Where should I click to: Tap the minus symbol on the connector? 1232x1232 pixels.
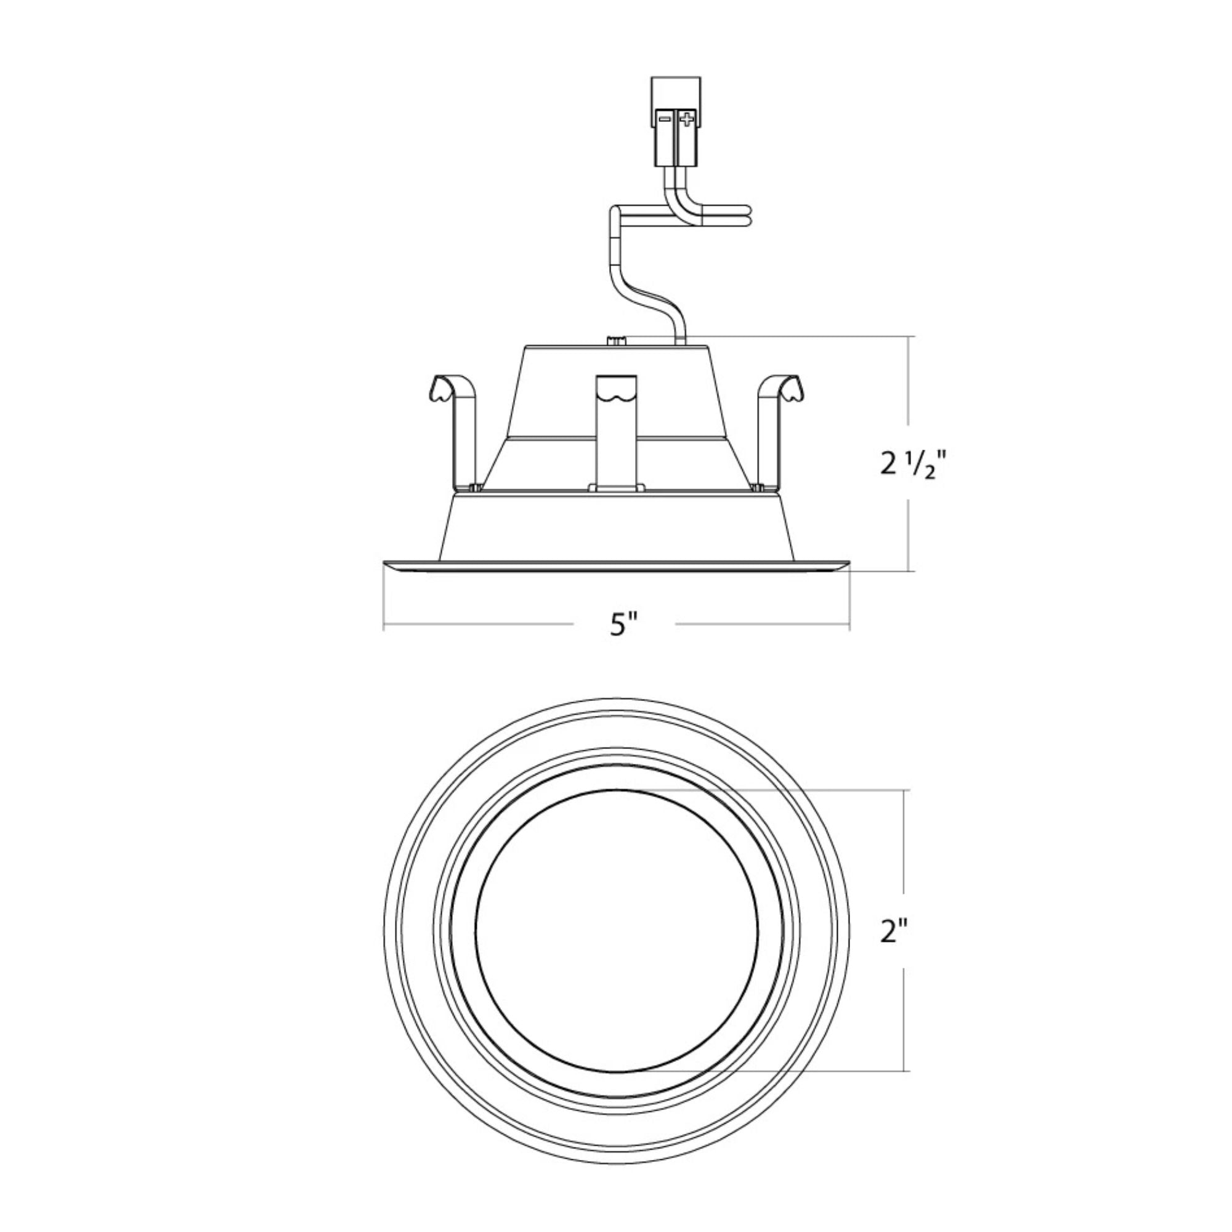point(665,119)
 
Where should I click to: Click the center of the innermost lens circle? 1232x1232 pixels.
point(617,931)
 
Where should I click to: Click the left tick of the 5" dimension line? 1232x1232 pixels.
point(383,624)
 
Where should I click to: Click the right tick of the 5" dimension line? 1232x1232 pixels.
point(849,624)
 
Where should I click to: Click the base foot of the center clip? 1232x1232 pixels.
point(616,487)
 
